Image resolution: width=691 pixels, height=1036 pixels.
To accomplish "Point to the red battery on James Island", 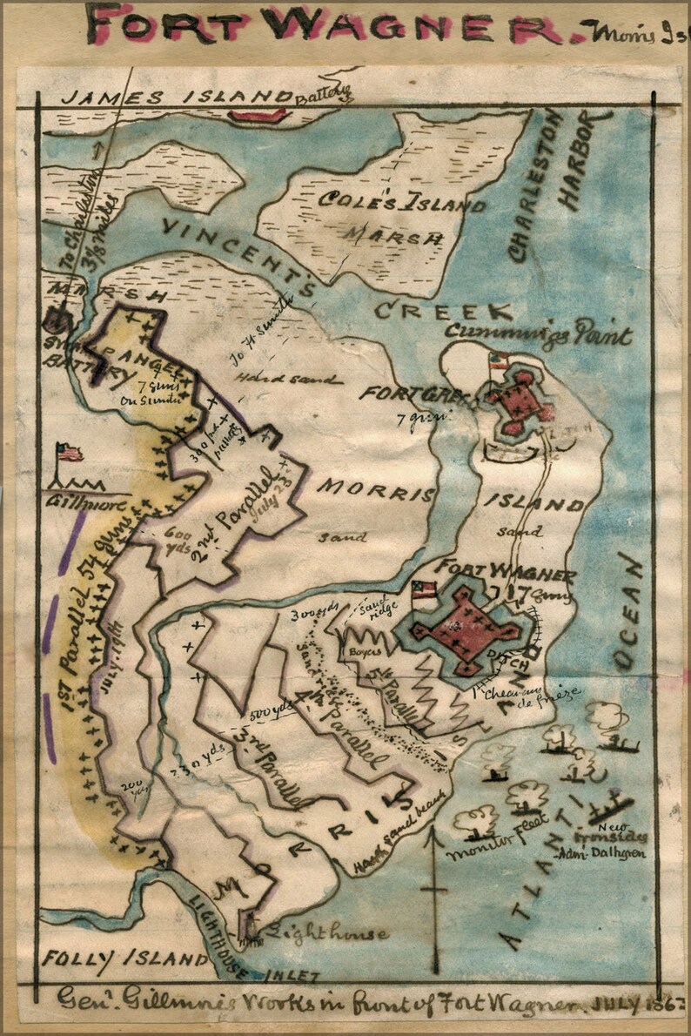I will (x=258, y=114).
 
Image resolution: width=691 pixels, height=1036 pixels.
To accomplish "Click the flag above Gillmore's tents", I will (x=70, y=453).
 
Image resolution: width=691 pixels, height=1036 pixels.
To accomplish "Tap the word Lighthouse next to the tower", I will (x=331, y=934).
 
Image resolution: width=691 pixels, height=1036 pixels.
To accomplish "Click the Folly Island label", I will (x=122, y=959).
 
